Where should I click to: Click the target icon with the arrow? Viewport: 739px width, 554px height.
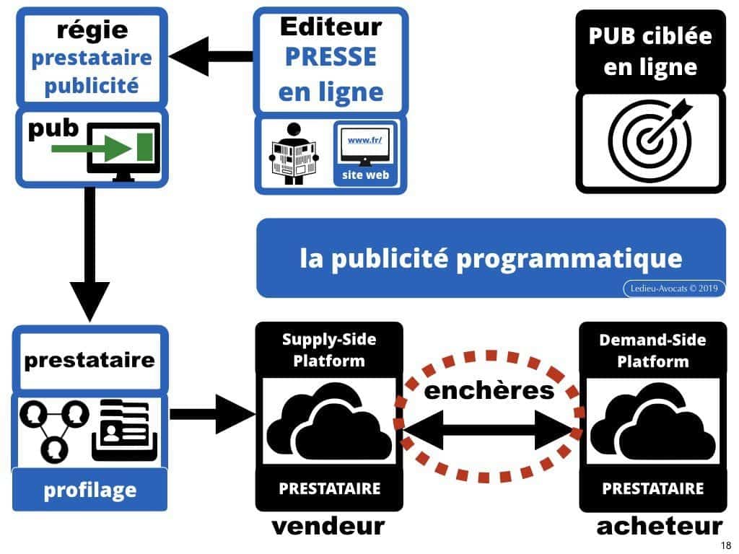click(x=650, y=137)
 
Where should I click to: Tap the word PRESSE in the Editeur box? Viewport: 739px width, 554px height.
click(x=330, y=57)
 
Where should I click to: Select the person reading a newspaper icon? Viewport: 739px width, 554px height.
click(x=293, y=154)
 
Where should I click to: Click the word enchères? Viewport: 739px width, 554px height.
click(x=489, y=390)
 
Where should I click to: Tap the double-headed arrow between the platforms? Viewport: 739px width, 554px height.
click(x=488, y=431)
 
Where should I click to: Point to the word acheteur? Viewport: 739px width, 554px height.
click(x=659, y=527)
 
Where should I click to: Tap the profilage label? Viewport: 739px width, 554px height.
click(x=89, y=491)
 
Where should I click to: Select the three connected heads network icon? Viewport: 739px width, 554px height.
click(x=55, y=429)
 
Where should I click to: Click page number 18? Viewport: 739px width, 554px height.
click(x=726, y=545)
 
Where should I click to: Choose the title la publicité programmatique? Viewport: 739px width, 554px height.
click(x=491, y=258)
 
